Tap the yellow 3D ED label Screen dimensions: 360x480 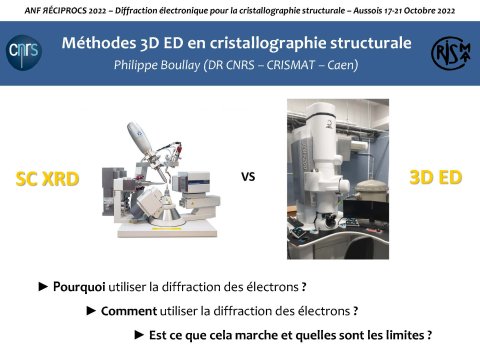point(435,177)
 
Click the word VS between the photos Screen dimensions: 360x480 point(248,178)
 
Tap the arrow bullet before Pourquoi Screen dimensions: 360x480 point(43,287)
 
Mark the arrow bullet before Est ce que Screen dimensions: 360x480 point(139,334)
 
